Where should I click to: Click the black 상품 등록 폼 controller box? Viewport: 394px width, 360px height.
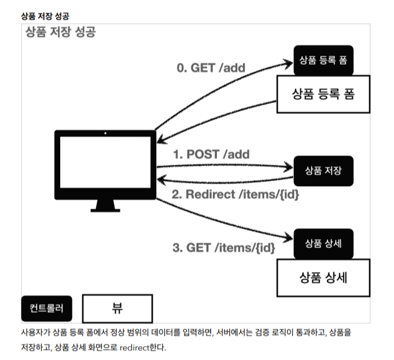pyautogui.click(x=323, y=60)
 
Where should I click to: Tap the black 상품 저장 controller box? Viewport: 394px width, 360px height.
pyautogui.click(x=323, y=170)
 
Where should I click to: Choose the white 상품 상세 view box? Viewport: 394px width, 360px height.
pyautogui.click(x=323, y=276)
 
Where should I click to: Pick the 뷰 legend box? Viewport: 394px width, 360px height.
pyautogui.click(x=117, y=308)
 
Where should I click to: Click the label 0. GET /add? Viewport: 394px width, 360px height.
pyautogui.click(x=211, y=68)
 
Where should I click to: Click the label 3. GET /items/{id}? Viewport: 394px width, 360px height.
pyautogui.click(x=223, y=248)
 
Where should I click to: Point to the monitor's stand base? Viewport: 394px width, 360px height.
pyautogui.click(x=105, y=209)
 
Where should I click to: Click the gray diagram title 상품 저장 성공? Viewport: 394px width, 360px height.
pyautogui.click(x=61, y=33)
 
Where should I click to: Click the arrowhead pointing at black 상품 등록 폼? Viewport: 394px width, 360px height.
pyautogui.click(x=289, y=60)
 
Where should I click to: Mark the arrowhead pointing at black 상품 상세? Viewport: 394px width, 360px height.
pyautogui.click(x=289, y=237)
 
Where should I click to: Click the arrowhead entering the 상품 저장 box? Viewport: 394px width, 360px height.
pyautogui.click(x=289, y=168)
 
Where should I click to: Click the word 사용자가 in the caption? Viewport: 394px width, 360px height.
pyautogui.click(x=34, y=333)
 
